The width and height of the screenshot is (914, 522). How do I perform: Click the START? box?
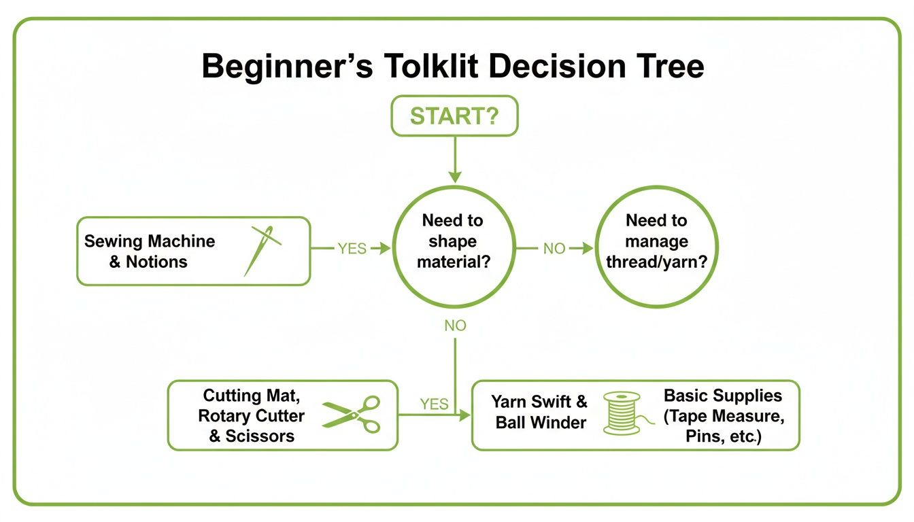454,116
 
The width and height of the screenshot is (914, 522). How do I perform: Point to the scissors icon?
352,415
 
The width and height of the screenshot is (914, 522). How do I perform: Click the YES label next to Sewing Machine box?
352,249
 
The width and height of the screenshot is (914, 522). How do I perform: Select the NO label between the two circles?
554,249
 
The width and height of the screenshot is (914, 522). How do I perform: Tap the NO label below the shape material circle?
455,326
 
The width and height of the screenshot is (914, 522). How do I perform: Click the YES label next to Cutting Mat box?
434,404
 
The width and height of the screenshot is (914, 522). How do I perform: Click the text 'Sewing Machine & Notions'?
150,251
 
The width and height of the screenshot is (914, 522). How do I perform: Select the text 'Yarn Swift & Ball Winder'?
539,412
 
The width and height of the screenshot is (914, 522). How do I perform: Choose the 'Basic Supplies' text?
723,396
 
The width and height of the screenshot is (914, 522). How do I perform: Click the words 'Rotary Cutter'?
252,415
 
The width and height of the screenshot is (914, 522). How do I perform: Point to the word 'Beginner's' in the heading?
286,67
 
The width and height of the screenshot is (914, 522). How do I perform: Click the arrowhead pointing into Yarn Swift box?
466,415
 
